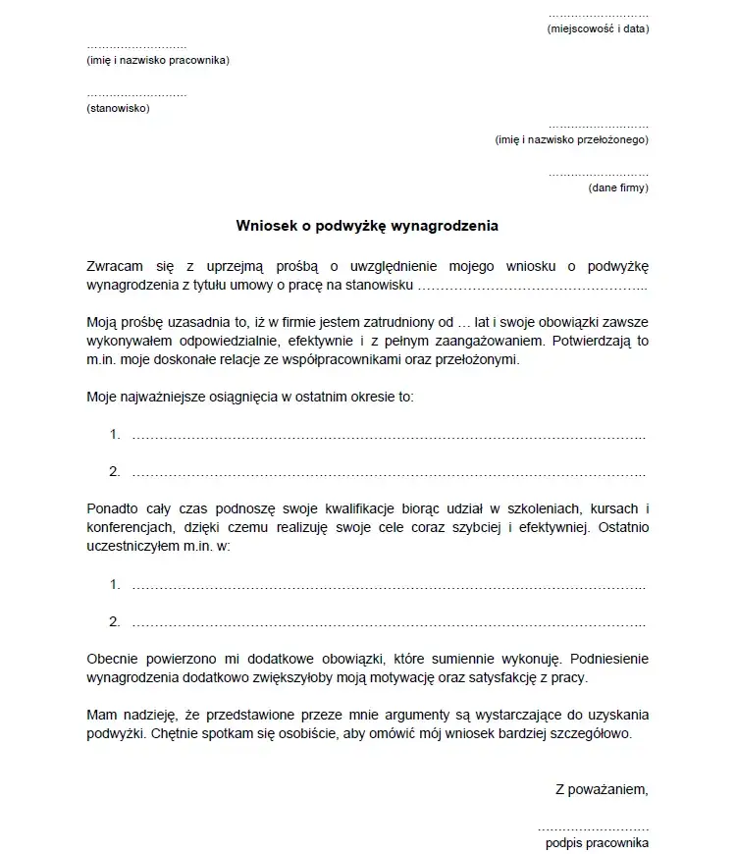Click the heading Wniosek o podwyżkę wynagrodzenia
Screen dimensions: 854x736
[x=367, y=226]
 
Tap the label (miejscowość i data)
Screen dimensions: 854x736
[x=598, y=29]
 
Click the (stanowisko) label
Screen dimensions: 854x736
[x=118, y=108]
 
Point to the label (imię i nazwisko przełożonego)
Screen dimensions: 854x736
[x=572, y=140]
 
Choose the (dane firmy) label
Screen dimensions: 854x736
[x=618, y=187]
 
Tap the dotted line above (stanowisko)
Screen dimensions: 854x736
[x=136, y=95]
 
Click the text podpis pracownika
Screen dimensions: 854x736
[x=597, y=843]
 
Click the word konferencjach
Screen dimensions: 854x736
[x=131, y=527]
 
